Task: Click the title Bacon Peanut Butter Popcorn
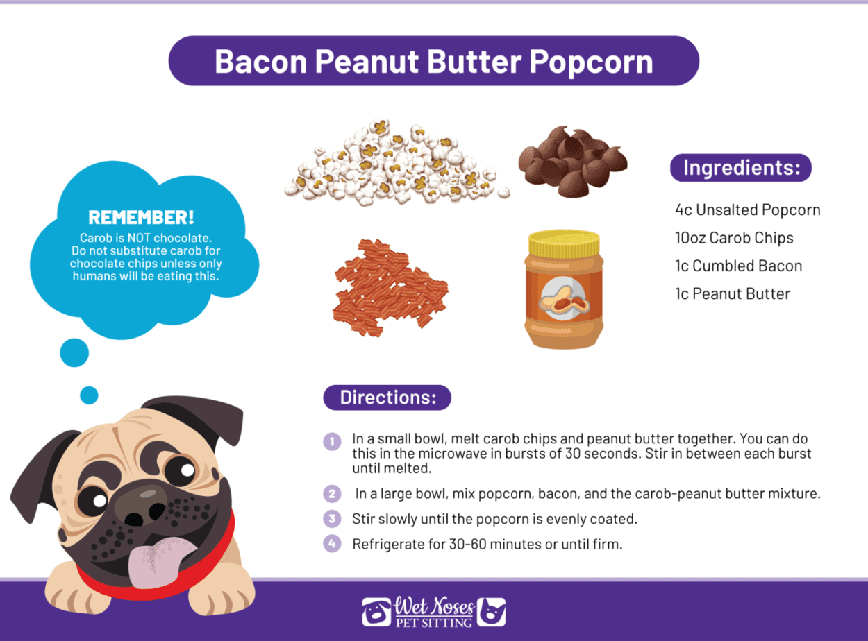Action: pyautogui.click(x=433, y=61)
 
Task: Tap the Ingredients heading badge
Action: pyautogui.click(x=740, y=168)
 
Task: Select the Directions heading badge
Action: pyautogui.click(x=387, y=398)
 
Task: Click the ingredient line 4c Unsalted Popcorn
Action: pyautogui.click(x=747, y=210)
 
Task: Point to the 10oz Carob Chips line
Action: pyautogui.click(x=734, y=238)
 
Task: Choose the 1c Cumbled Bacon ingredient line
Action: pyautogui.click(x=738, y=266)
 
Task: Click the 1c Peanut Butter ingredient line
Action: pyautogui.click(x=733, y=293)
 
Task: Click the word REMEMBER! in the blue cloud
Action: pyautogui.click(x=142, y=216)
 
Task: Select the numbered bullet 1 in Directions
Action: pyautogui.click(x=333, y=441)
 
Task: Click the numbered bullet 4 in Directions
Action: pyautogui.click(x=333, y=543)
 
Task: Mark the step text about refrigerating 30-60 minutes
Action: pyautogui.click(x=487, y=544)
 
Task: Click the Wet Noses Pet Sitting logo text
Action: pyautogui.click(x=433, y=611)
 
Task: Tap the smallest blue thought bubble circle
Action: pyautogui.click(x=89, y=395)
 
